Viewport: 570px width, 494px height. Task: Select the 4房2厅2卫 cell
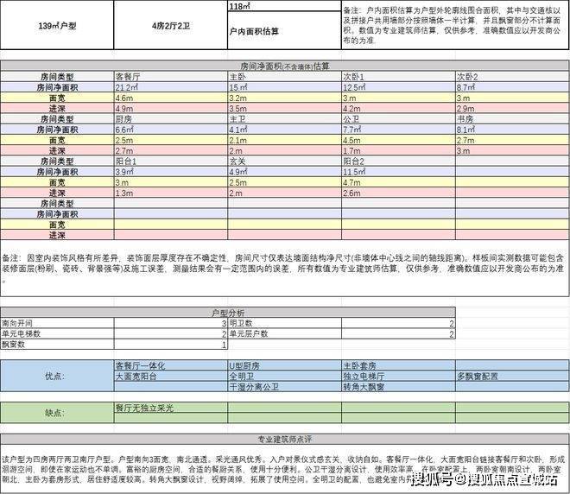170,27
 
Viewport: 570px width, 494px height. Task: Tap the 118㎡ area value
241,7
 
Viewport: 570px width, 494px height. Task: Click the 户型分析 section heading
228,312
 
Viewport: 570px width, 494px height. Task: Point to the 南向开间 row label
17,322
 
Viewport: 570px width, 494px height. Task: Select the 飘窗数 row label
14,344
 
